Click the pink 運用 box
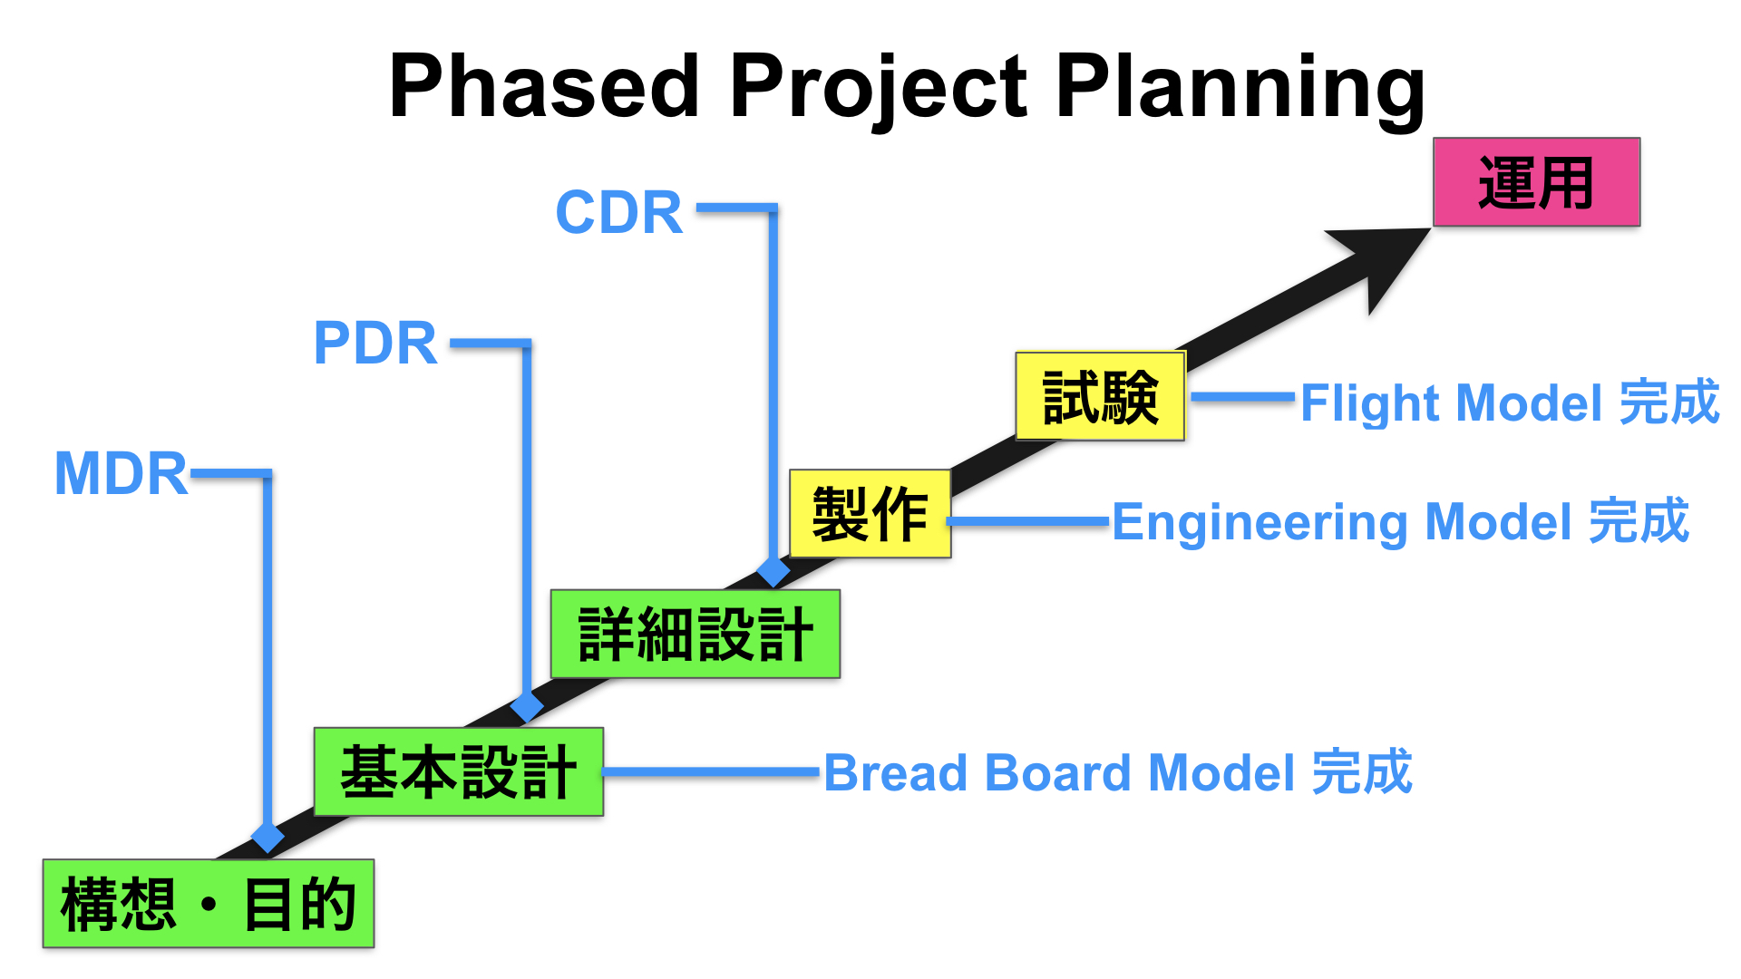tap(1536, 182)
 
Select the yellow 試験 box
tap(1100, 396)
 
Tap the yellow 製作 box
tap(870, 513)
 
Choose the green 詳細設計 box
tap(695, 634)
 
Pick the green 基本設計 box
tap(459, 771)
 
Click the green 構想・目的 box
tap(209, 903)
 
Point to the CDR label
tap(619, 213)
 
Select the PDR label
tap(375, 344)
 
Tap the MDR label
tap(122, 473)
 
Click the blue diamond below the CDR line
tap(773, 571)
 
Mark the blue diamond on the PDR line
tap(527, 706)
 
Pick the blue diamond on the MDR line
tap(267, 837)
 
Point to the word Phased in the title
tap(544, 86)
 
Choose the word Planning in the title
tap(1240, 88)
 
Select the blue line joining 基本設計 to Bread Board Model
tap(712, 772)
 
